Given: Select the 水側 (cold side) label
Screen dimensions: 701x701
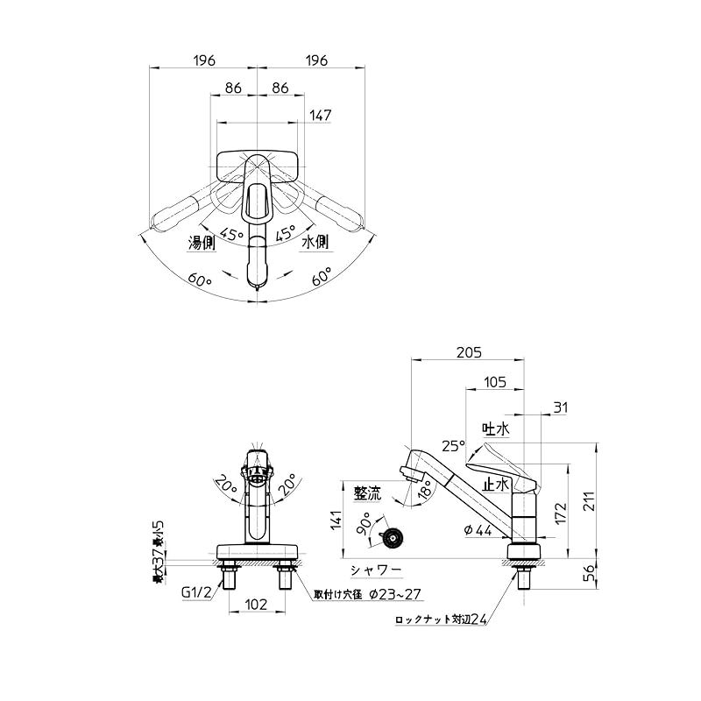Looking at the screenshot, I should [314, 242].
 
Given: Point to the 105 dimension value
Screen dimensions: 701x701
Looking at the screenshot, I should [493, 382].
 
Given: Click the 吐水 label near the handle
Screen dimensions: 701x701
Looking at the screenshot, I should [495, 428].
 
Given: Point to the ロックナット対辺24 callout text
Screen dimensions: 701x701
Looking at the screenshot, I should [440, 620].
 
